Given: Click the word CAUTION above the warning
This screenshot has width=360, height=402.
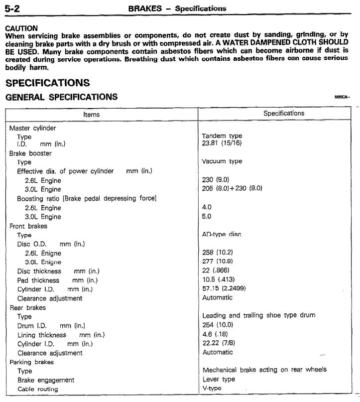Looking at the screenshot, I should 21,28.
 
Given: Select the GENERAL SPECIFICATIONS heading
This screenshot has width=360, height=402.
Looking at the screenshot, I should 62,97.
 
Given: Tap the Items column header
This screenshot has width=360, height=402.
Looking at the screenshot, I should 92,114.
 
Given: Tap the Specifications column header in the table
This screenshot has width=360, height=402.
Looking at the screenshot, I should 284,114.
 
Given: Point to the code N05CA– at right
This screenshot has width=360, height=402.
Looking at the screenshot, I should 343,98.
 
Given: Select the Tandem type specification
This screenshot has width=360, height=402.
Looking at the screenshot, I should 222,136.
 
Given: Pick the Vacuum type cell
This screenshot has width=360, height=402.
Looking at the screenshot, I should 222,161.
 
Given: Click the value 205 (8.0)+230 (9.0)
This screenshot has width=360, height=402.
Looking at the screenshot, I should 232,188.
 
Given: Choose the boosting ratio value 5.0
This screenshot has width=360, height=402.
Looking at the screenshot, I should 207,217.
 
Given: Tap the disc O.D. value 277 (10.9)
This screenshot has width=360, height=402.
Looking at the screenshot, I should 218,262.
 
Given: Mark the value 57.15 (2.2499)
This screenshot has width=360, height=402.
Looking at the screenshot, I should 224,289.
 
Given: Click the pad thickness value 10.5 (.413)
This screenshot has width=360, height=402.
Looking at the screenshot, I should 218,279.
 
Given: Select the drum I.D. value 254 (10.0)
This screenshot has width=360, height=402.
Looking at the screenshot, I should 218,325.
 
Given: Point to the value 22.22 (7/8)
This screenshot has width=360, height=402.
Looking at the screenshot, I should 217,343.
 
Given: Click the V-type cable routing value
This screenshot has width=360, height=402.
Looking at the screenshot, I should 212,389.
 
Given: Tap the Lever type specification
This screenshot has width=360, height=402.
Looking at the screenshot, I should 219,380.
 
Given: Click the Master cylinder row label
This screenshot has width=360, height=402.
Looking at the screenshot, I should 33,128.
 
